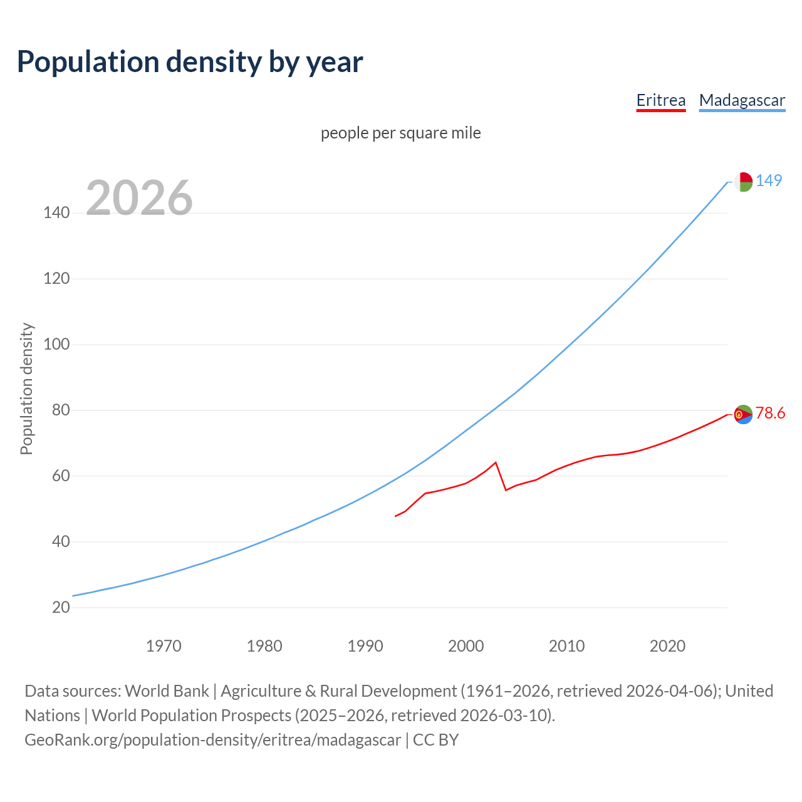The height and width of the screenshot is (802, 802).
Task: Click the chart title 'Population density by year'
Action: [190, 61]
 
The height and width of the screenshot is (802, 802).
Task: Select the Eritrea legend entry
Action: [660, 100]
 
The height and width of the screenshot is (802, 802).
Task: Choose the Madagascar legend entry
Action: [742, 100]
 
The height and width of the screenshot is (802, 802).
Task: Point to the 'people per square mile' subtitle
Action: [401, 133]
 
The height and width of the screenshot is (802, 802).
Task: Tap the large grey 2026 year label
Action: [139, 198]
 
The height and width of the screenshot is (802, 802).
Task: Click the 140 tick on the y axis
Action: [56, 213]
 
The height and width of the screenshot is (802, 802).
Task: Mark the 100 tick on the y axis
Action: [56, 345]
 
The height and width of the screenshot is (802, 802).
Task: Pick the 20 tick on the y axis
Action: [61, 607]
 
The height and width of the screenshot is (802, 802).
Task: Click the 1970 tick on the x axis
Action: [164, 646]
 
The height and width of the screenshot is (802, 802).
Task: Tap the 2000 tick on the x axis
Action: [466, 646]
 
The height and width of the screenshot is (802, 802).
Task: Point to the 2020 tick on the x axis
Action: [667, 646]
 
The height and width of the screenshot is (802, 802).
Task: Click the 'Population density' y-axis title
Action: [26, 388]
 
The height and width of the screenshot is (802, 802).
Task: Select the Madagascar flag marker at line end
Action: [743, 182]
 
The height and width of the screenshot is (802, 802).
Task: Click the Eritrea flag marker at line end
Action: [743, 414]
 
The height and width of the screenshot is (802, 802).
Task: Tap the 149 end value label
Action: [769, 180]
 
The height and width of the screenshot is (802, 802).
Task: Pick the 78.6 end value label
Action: [770, 413]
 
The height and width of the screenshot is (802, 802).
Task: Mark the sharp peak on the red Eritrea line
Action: [496, 462]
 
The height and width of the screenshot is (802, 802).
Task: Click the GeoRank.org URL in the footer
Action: [212, 740]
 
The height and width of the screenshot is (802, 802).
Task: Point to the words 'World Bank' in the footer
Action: [167, 691]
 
